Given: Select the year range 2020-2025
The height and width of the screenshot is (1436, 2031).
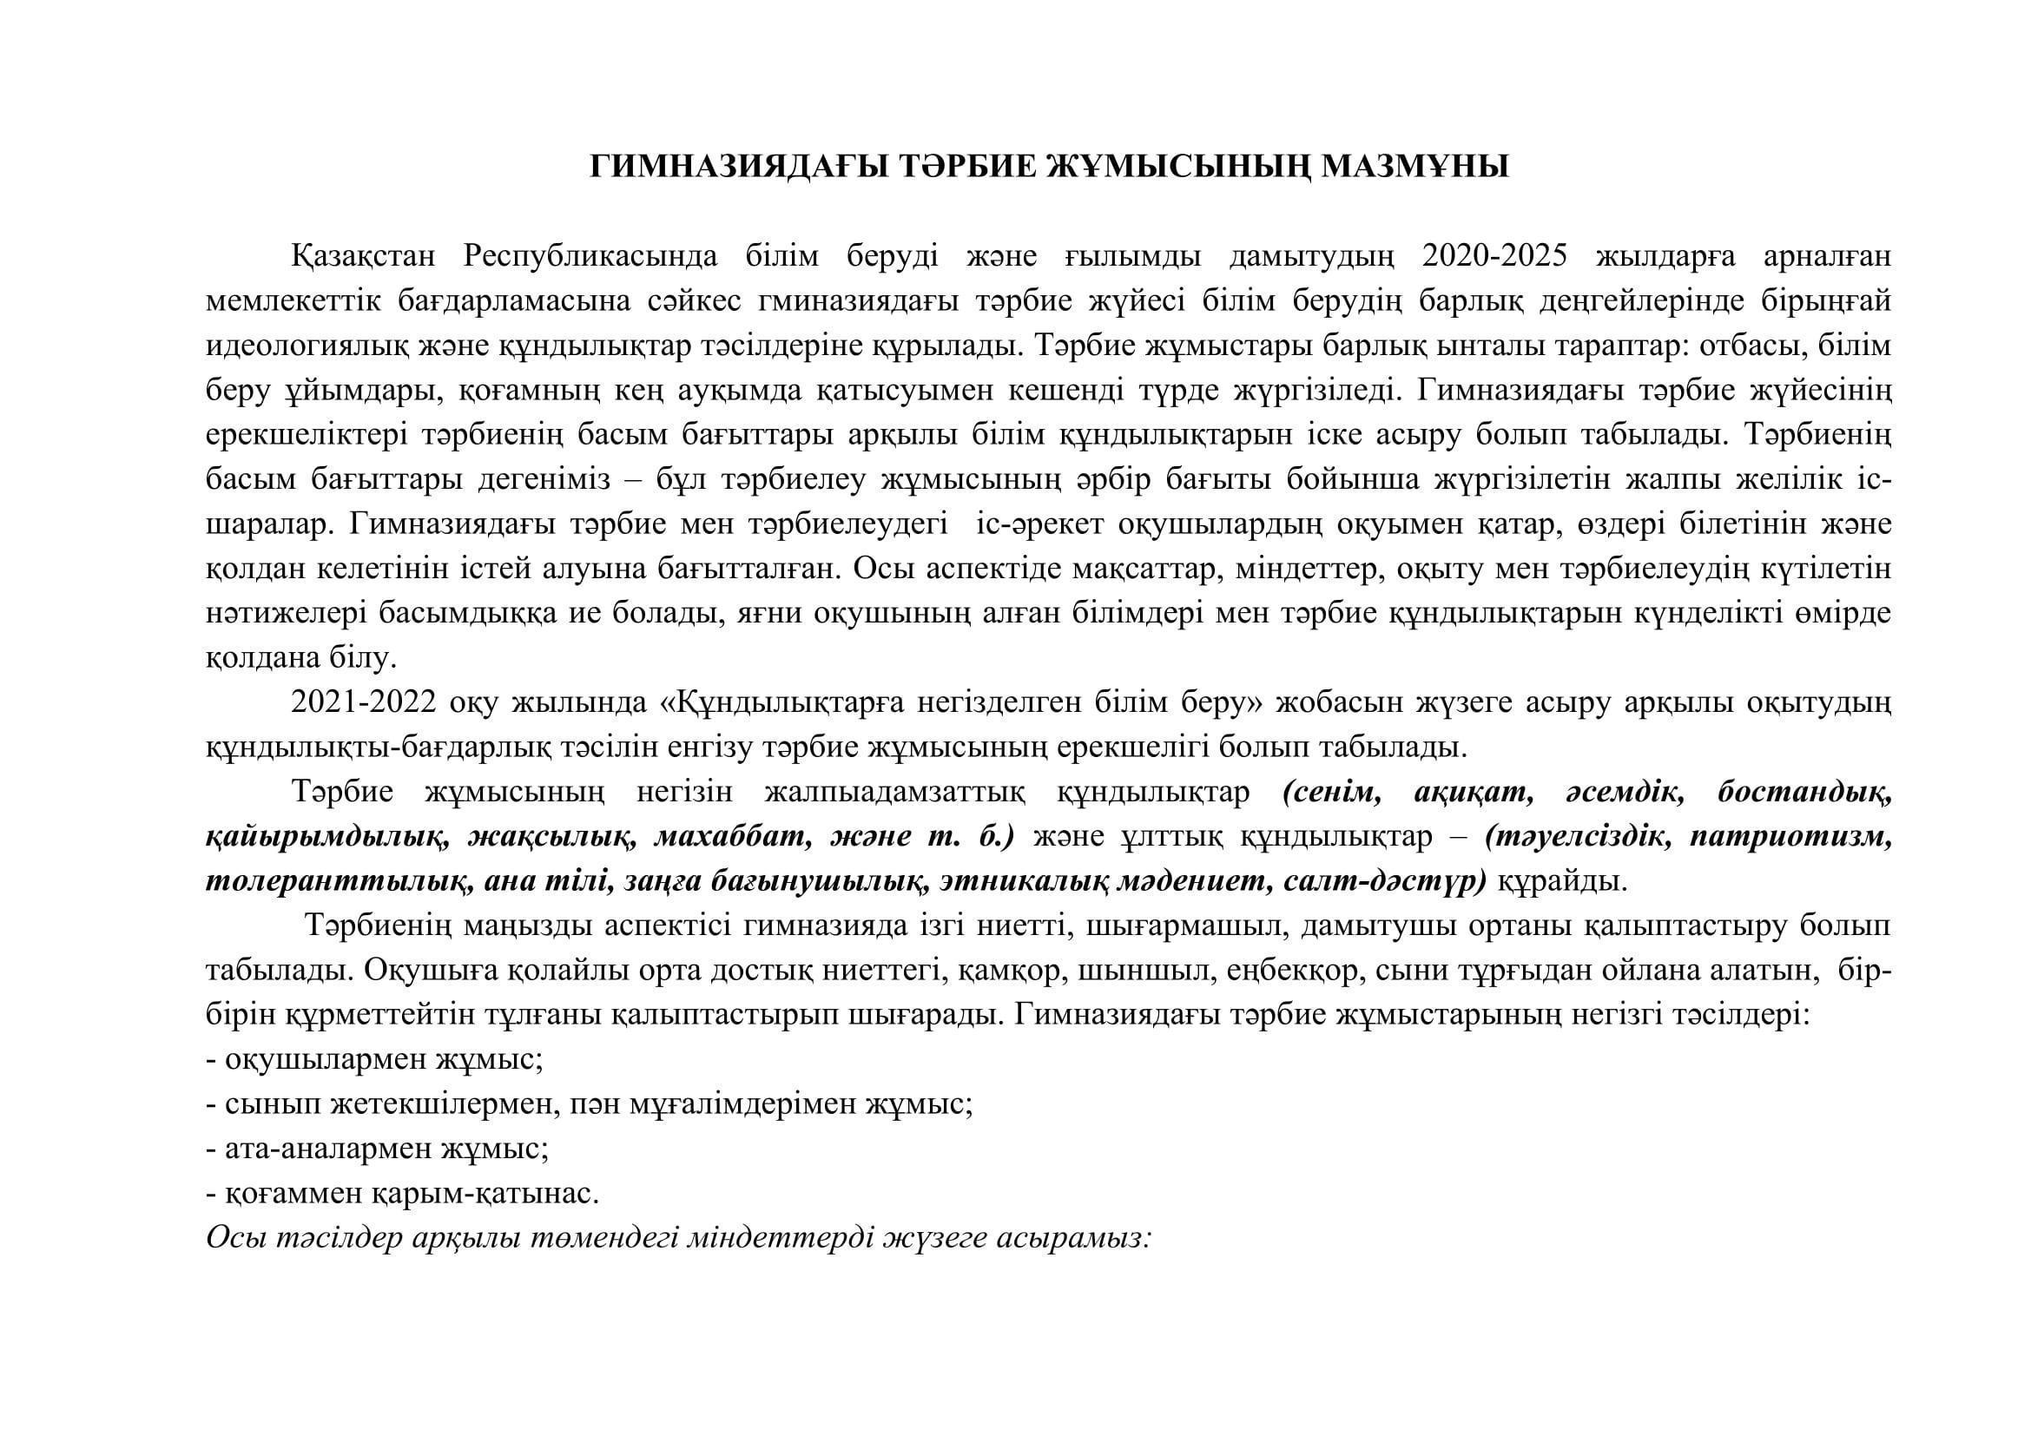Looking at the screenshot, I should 1495,255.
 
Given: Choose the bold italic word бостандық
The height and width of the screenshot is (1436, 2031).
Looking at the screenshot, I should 1804,793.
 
